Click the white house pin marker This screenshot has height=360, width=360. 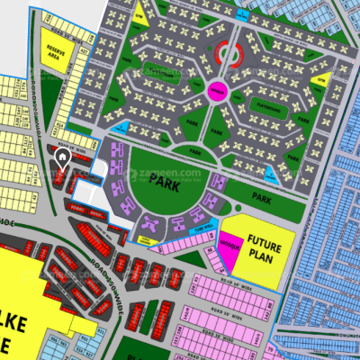click(x=61, y=159)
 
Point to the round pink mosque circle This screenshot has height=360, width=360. click(x=216, y=90)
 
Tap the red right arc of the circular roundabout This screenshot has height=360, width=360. click(x=241, y=56)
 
